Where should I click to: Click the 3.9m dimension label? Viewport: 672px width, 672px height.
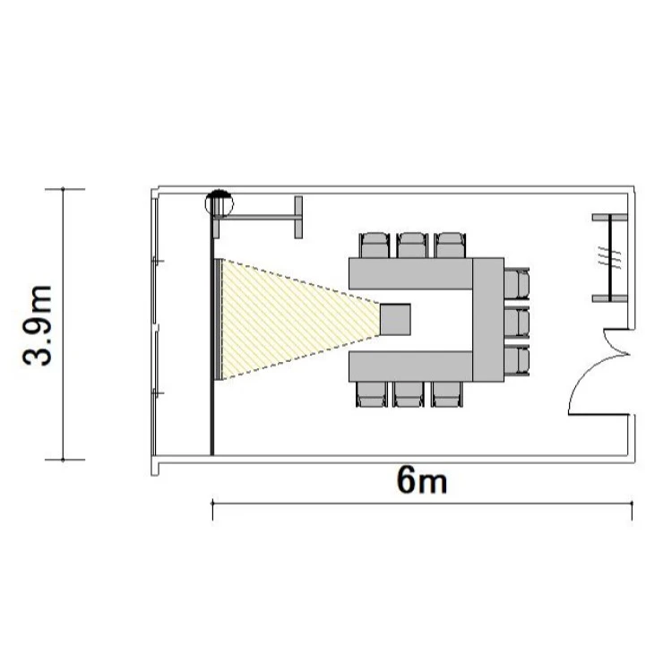[38, 325]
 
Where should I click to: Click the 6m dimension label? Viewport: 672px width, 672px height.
[422, 479]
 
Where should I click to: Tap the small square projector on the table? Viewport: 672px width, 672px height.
[395, 319]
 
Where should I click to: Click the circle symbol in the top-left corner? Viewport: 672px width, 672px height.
[220, 202]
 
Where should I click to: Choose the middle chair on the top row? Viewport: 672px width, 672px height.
[412, 246]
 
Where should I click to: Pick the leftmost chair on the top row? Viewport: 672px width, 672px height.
[375, 246]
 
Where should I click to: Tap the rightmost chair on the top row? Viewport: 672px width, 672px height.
[450, 246]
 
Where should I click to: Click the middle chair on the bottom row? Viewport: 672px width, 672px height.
[409, 394]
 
